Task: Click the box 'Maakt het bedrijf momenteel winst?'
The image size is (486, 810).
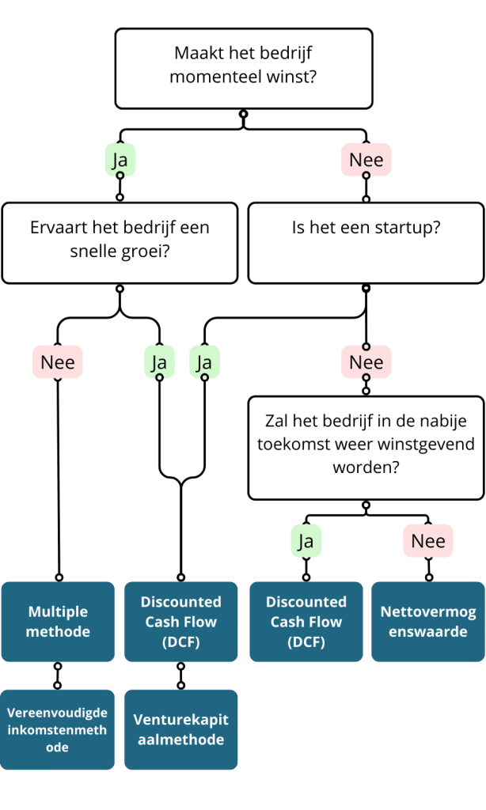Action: pyautogui.click(x=244, y=69)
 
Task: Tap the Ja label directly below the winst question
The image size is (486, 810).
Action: pyautogui.click(x=120, y=160)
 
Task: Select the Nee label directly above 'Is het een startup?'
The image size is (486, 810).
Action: pyautogui.click(x=366, y=160)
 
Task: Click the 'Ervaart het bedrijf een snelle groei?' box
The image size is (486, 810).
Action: pyautogui.click(x=120, y=244)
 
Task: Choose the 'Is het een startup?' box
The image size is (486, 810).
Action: pyautogui.click(x=366, y=244)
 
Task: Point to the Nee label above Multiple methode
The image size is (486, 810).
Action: pyautogui.click(x=58, y=361)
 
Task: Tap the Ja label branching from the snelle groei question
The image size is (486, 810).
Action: pyautogui.click(x=159, y=361)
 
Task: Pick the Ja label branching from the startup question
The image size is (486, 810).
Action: pyautogui.click(x=204, y=361)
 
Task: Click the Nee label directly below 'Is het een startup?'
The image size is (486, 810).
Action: pyautogui.click(x=366, y=361)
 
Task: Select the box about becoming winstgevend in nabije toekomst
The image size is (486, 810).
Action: pyautogui.click(x=366, y=448)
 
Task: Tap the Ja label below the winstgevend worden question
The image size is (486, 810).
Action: pyautogui.click(x=306, y=541)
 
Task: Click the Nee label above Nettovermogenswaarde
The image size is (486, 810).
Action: pyautogui.click(x=428, y=541)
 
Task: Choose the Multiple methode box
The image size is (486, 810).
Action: pyautogui.click(x=58, y=622)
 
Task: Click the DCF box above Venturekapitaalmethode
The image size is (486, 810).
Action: pyautogui.click(x=181, y=622)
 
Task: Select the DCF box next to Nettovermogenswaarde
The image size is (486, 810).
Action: pyautogui.click(x=306, y=622)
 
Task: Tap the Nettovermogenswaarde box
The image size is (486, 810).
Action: pyautogui.click(x=428, y=622)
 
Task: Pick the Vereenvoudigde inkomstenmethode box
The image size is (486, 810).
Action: pyautogui.click(x=58, y=729)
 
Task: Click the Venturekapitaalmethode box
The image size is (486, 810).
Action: pyautogui.click(x=181, y=729)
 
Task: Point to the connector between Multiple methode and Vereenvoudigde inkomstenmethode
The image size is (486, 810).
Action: pyautogui.click(x=58, y=676)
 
